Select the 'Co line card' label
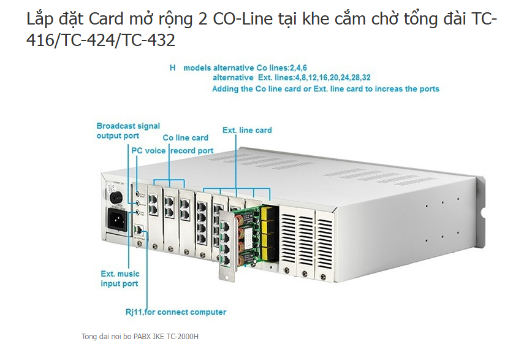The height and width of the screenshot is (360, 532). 185,138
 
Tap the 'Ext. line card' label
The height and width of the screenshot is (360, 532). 247,130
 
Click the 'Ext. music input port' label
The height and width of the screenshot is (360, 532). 120,278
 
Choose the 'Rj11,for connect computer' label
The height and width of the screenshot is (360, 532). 176,312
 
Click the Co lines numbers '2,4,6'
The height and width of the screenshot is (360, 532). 297,67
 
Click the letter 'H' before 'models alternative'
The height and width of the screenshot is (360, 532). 172,67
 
